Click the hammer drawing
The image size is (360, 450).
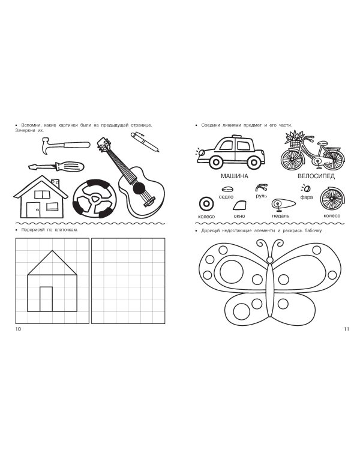pyautogui.click(x=65, y=145)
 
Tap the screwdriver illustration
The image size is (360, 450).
pyautogui.click(x=56, y=166)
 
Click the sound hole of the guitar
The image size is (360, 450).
pyautogui.click(x=139, y=188)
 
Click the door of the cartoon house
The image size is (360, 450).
pyautogui.click(x=34, y=209)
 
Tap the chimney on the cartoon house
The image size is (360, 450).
pyautogui.click(x=55, y=182)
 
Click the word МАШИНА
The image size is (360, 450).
pyautogui.click(x=234, y=176)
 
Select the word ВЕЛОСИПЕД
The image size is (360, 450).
pyautogui.click(x=316, y=176)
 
